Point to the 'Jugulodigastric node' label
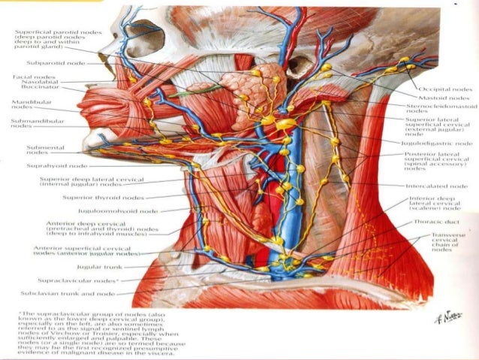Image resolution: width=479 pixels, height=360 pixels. tap(438, 142)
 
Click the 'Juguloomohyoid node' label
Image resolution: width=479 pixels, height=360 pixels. tap(123, 211)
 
